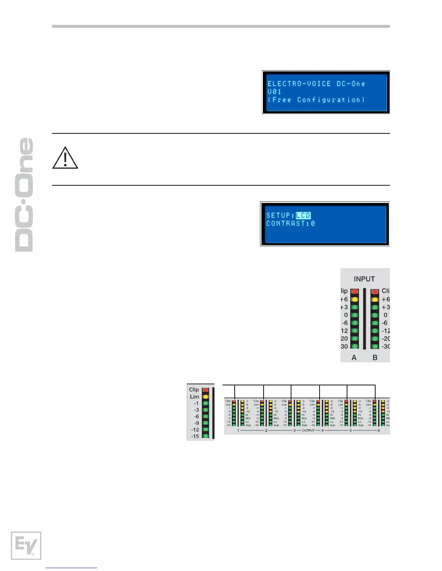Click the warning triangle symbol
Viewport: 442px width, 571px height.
(x=65, y=158)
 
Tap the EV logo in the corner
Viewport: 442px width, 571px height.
(x=26, y=545)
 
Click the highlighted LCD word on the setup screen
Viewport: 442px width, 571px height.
(x=303, y=216)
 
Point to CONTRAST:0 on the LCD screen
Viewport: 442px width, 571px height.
(x=290, y=223)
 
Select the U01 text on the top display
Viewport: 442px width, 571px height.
(x=274, y=92)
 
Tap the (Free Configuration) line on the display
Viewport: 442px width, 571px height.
(x=316, y=100)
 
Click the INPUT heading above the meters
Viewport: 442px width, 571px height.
(x=364, y=279)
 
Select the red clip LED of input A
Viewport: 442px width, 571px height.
(x=355, y=291)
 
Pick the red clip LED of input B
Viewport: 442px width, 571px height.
(x=375, y=291)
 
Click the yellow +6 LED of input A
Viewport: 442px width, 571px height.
(x=355, y=299)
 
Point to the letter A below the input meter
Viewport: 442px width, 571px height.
(x=354, y=358)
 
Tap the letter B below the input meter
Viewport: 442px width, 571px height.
(x=375, y=358)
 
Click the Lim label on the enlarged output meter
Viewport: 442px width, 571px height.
(x=195, y=397)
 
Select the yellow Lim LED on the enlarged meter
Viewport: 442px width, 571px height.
(x=205, y=397)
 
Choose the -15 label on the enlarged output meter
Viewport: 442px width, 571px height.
(x=195, y=436)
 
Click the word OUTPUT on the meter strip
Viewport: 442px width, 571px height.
(x=308, y=430)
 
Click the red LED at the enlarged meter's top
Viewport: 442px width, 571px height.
(x=205, y=390)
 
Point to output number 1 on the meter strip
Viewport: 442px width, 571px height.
(x=238, y=430)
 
